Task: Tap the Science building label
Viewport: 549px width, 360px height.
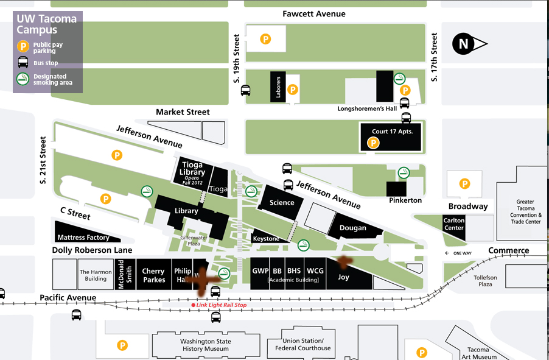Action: [282, 203]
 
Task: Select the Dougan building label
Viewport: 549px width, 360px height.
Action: [353, 228]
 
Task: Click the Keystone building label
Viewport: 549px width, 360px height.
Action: [266, 239]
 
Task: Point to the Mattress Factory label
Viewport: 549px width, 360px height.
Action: [83, 238]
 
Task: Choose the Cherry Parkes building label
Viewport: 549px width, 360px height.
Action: [153, 275]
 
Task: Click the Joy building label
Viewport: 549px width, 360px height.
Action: [343, 277]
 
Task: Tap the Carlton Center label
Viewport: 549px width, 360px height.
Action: [454, 224]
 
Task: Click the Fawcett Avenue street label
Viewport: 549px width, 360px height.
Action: [314, 14]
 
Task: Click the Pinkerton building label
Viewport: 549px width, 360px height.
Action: [404, 200]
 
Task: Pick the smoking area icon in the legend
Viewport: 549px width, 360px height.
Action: [23, 79]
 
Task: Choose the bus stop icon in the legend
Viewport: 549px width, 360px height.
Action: [23, 62]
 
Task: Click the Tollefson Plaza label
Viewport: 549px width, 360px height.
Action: [485, 281]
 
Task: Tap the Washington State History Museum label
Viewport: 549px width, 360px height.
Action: [205, 345]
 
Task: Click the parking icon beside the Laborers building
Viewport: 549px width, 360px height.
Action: [292, 90]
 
